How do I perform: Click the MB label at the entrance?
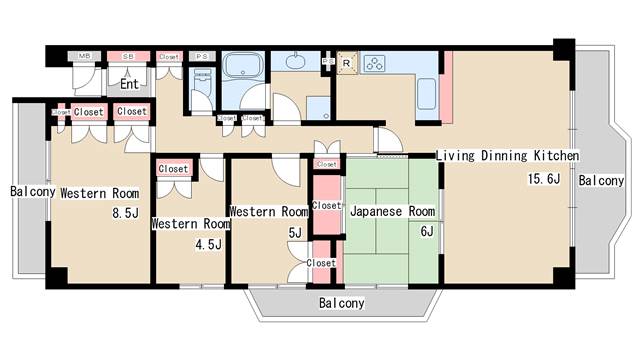(x=86, y=57)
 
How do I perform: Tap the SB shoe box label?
(x=128, y=57)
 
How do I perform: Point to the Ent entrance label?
(x=129, y=85)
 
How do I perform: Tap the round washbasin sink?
(x=297, y=62)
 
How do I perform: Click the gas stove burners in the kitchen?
(x=376, y=63)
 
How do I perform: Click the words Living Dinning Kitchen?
(x=507, y=156)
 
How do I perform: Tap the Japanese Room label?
(x=392, y=212)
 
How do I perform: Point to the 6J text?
(x=427, y=231)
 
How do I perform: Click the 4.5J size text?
(x=209, y=242)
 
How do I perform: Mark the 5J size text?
(x=294, y=232)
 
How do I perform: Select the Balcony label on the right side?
(x=601, y=181)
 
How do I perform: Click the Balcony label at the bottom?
(x=341, y=302)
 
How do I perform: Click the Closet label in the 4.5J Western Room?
(x=173, y=169)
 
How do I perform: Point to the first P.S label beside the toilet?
(x=199, y=57)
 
